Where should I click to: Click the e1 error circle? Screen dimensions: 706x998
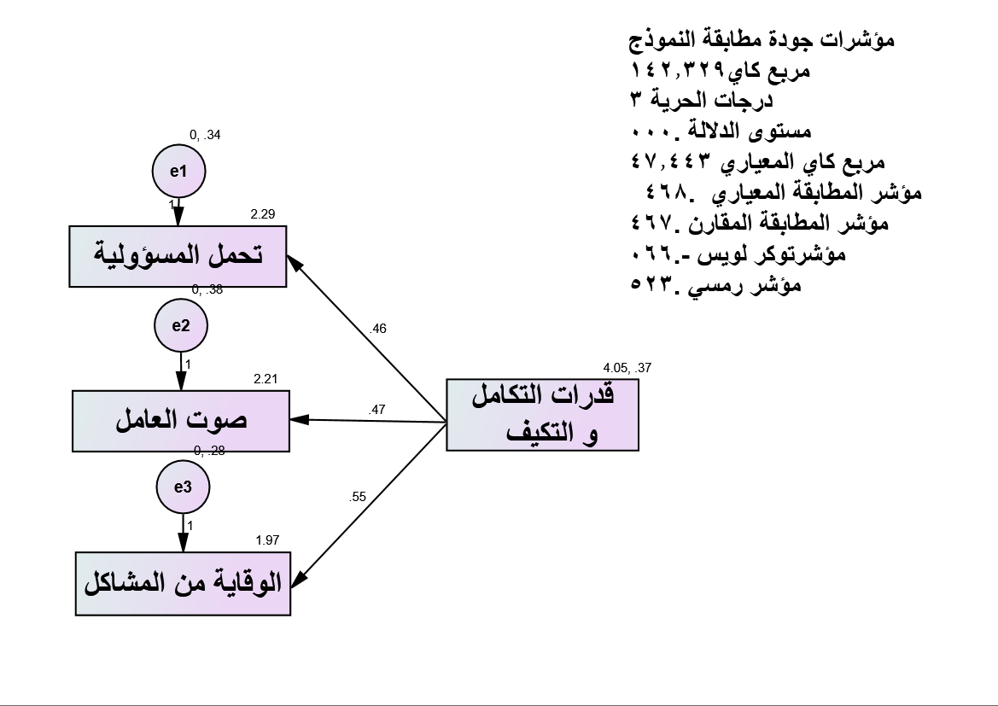(178, 171)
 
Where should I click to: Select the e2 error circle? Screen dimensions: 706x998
(181, 325)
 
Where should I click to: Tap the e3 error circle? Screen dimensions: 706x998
(183, 487)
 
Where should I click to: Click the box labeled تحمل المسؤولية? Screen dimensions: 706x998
(178, 256)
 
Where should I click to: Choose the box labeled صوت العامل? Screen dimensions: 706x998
(181, 419)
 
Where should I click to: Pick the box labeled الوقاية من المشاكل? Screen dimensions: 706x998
(183, 584)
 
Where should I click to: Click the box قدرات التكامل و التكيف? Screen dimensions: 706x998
(542, 414)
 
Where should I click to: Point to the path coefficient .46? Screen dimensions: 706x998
(378, 329)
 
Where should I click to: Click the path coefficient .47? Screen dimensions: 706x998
(377, 411)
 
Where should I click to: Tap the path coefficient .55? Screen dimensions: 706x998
(358, 496)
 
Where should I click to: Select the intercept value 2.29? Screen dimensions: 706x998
(263, 215)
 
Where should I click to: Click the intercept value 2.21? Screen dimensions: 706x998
(266, 378)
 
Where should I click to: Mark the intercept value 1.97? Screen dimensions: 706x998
(267, 540)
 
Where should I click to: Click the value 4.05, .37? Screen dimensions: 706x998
(627, 368)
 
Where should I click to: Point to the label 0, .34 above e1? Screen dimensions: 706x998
(205, 135)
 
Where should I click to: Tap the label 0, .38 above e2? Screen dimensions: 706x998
(207, 289)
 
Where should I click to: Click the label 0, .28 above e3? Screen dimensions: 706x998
(209, 451)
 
